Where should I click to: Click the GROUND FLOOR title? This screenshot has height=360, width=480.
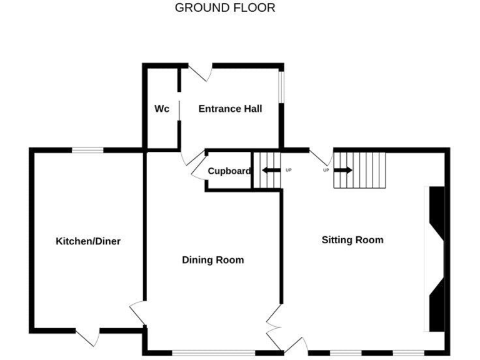coord(225,8)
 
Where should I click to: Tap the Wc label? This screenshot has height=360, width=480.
coord(162,109)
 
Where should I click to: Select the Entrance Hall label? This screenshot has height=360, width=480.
coord(230,109)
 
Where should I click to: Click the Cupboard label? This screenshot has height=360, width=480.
coord(229,171)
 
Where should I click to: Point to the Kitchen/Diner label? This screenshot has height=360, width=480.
coord(88,241)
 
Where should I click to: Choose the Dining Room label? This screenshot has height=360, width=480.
coord(212,260)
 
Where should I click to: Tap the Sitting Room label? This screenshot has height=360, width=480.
coord(352,240)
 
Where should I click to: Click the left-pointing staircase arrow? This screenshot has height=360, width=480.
coord(270,170)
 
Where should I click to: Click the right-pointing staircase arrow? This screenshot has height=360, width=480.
coord(343,169)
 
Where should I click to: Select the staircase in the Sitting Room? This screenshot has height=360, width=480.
coord(361,169)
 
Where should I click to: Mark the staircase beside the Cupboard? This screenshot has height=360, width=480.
coord(266,169)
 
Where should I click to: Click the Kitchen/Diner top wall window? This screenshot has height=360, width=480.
coord(87,149)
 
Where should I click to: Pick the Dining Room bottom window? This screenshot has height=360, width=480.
coord(212,352)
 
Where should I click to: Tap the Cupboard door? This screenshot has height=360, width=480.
coord(198,171)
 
